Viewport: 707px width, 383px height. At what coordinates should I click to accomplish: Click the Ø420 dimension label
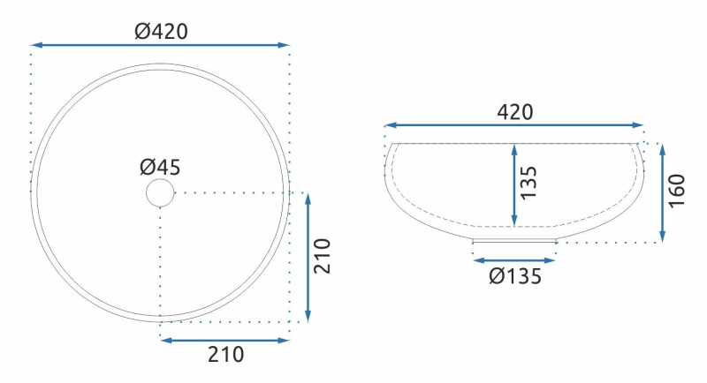click(x=161, y=32)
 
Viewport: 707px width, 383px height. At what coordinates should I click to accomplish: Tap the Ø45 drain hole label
click(x=160, y=168)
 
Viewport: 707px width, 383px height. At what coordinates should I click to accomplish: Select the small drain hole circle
click(x=160, y=192)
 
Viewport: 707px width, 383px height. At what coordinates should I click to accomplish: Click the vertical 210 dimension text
click(x=323, y=256)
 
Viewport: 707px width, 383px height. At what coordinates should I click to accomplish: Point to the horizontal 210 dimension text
click(x=226, y=355)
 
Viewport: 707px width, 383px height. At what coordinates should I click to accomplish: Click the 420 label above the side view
click(x=515, y=112)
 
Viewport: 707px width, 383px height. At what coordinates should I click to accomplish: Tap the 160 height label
click(x=676, y=191)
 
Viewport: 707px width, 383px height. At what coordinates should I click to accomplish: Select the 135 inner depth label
click(x=528, y=183)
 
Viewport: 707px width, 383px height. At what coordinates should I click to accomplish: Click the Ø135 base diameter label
click(x=515, y=276)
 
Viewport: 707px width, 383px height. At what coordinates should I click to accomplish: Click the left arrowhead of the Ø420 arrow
click(x=37, y=45)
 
